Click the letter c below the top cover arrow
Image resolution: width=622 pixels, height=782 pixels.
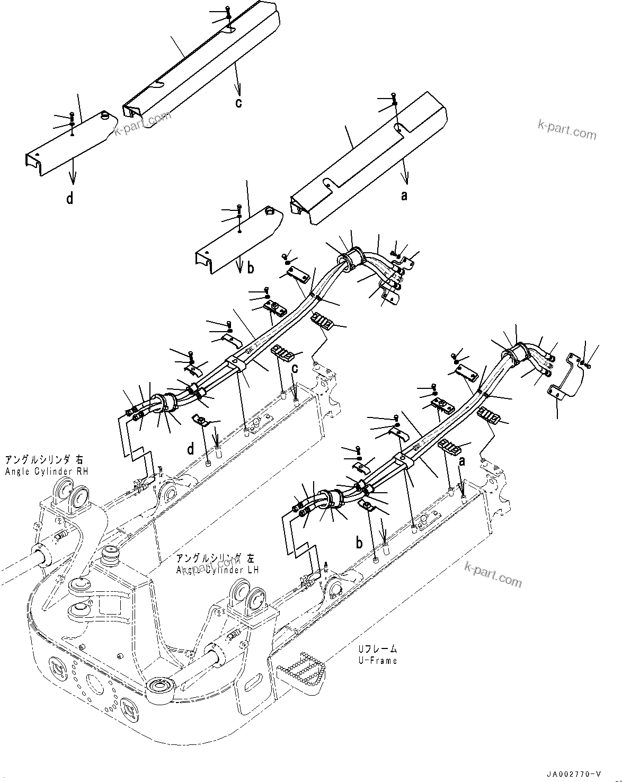click(238, 102)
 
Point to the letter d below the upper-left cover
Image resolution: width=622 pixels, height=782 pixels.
click(69, 199)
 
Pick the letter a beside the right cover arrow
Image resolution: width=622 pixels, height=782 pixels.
click(404, 196)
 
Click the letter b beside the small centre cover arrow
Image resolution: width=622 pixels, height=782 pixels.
click(251, 268)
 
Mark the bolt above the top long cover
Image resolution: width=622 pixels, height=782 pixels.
click(227, 10)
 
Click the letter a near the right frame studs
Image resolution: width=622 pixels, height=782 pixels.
click(461, 462)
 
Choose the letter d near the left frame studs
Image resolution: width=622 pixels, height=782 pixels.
click(190, 449)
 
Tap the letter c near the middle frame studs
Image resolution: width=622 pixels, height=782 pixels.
click(294, 368)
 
